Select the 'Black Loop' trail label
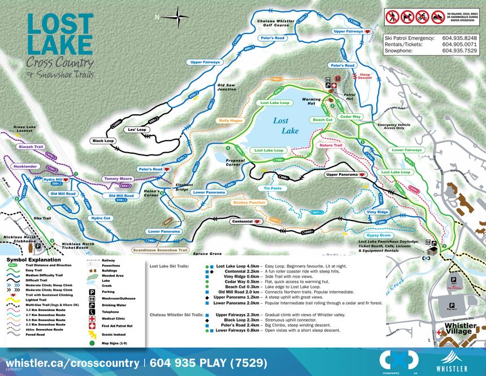click(x=102, y=140)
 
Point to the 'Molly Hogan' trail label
click(x=230, y=120)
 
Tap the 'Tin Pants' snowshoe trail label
click(x=272, y=188)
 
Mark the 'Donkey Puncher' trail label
click(x=249, y=202)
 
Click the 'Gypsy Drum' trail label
click(x=378, y=235)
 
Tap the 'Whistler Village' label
click(x=463, y=329)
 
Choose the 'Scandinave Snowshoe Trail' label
click(x=160, y=249)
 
